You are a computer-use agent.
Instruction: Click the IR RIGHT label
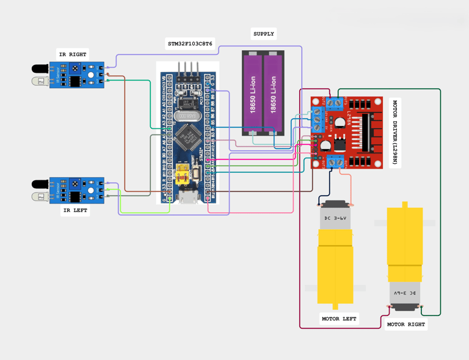[x=73, y=54]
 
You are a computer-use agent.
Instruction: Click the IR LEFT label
[x=75, y=210]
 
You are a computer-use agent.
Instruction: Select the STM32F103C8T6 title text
[x=190, y=44]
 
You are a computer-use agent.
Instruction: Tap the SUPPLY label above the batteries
[x=263, y=34]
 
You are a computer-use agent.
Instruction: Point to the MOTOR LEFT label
[x=339, y=318]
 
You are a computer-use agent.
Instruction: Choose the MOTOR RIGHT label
[x=405, y=324]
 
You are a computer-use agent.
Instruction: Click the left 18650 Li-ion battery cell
[x=253, y=94]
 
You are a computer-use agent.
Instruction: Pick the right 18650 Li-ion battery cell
[x=274, y=94]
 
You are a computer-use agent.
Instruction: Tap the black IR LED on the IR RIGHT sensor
[x=40, y=69]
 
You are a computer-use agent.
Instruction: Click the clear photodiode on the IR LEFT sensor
[x=40, y=196]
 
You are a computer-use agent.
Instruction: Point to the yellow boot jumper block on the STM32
[x=182, y=175]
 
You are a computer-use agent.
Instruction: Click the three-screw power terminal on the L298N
[x=318, y=120]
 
